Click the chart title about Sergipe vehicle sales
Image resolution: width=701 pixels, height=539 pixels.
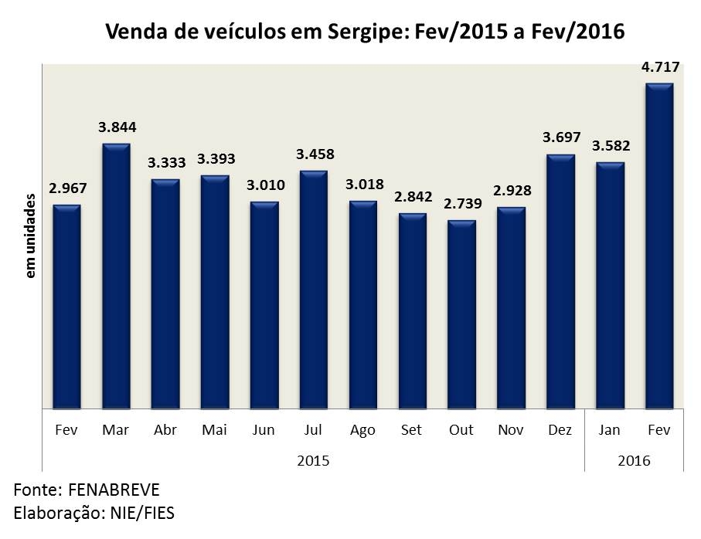tap(364, 32)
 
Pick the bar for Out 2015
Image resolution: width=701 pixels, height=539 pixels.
tap(461, 314)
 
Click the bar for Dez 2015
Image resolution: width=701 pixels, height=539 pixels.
tap(560, 281)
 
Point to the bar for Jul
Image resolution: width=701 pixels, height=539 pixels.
tap(313, 290)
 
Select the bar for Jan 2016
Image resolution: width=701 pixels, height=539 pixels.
tap(610, 285)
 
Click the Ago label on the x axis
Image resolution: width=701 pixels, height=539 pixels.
tap(362, 430)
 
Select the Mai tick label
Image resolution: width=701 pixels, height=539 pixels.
tap(214, 430)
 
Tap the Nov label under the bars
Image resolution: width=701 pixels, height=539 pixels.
tap(511, 430)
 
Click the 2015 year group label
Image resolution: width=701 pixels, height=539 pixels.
tap(313, 461)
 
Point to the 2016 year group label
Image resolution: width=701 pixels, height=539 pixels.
tap(635, 461)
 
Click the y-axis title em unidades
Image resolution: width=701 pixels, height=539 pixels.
tap(31, 236)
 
